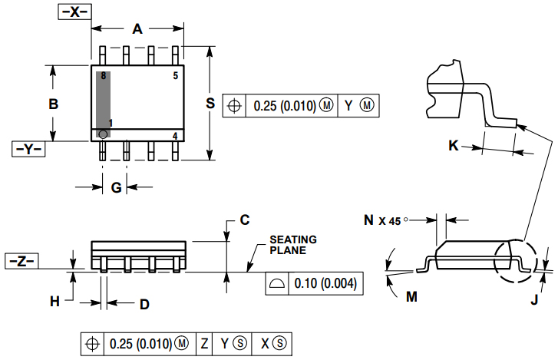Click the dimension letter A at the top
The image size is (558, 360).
click(137, 29)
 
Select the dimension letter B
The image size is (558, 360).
click(53, 104)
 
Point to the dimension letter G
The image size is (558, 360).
click(116, 187)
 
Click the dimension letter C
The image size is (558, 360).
click(244, 220)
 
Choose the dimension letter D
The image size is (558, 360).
click(144, 304)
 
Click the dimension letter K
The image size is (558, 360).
click(454, 145)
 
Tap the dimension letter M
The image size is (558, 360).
click(411, 296)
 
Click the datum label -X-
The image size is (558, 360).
click(74, 12)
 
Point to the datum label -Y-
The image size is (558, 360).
click(29, 149)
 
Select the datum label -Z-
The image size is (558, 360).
click(21, 261)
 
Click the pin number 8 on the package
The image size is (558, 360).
click(103, 75)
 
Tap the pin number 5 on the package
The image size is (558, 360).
click(175, 75)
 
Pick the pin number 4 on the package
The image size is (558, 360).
click(175, 136)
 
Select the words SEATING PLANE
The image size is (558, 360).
click(292, 245)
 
